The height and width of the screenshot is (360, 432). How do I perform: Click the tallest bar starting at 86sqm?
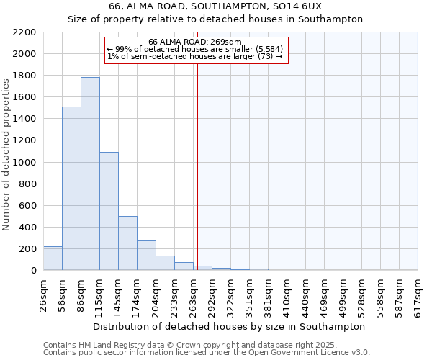point(90,174)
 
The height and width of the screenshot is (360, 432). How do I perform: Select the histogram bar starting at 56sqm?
point(71,189)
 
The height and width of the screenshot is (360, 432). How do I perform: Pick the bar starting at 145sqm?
point(127,243)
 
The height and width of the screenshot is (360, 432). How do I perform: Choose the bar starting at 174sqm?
point(146,256)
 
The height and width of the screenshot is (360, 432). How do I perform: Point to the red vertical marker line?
point(197,166)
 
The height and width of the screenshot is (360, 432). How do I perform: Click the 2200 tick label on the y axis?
point(25,32)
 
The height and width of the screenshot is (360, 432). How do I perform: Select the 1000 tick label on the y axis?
point(25,163)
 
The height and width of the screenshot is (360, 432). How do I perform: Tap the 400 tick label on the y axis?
point(27,228)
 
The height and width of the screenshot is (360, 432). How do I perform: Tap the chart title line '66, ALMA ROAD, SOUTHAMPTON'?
point(215,6)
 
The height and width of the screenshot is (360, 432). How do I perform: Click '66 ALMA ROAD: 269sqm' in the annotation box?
point(196,42)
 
